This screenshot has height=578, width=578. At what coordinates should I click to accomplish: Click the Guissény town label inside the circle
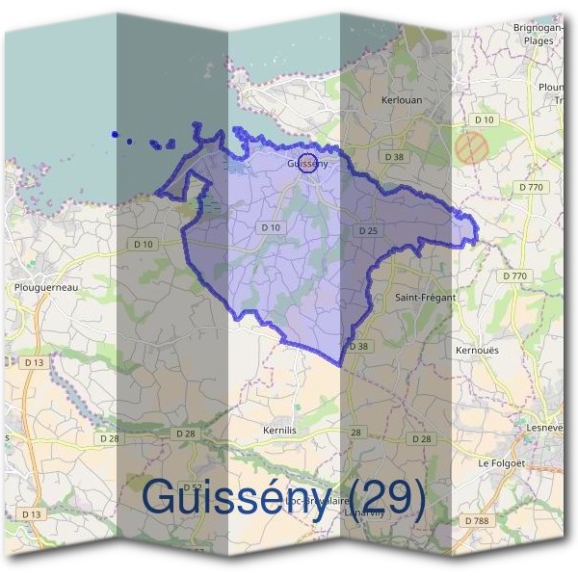coord(307,164)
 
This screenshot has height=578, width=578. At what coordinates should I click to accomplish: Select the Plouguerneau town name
coord(45,287)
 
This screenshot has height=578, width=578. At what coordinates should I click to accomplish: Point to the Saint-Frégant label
coord(425,298)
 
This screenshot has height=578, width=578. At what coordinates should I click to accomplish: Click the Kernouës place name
coord(476,351)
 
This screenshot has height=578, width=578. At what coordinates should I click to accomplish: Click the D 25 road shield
coord(366,231)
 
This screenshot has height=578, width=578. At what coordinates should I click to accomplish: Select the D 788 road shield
coord(476,520)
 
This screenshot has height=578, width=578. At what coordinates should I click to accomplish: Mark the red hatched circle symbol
coord(471,147)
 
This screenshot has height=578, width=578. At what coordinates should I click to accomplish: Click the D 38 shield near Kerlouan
coord(392,156)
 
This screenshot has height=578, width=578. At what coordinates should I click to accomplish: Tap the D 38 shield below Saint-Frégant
coord(358,346)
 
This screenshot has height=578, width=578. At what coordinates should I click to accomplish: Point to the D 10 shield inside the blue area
coord(270,227)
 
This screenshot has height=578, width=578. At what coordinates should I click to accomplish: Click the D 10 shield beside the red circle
coord(484,119)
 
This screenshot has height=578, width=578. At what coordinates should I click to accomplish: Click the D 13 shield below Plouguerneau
coord(34,362)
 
